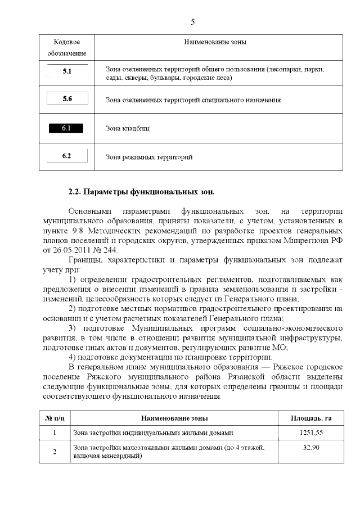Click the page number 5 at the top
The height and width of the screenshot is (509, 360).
193,22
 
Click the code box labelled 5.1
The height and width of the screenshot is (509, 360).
67,72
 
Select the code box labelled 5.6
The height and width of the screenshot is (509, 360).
67,99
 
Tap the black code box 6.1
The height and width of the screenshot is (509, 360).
66,128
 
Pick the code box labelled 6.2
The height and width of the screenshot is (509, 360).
66,156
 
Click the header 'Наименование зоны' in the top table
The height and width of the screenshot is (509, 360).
215,42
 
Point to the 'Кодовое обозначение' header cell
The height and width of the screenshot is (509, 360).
67,47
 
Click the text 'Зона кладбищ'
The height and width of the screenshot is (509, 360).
128,128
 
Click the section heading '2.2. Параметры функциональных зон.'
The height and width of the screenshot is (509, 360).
141,192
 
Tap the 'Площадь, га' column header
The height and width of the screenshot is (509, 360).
310,418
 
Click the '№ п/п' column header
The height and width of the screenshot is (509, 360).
55,418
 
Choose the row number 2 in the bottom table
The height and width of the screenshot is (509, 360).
55,452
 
